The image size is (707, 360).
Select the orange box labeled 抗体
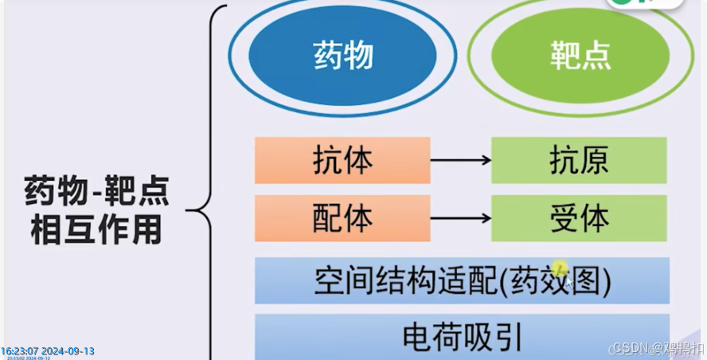[342, 160]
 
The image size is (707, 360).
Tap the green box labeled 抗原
[579, 160]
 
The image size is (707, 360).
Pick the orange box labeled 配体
[342, 217]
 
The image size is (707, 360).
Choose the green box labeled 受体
[579, 217]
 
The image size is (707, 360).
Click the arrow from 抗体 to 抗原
[460, 160]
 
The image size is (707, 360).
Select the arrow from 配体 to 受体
[460, 217]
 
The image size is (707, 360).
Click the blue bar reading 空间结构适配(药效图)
[462, 280]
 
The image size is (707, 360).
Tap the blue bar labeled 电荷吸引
[462, 336]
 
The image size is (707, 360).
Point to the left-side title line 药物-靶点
[97, 192]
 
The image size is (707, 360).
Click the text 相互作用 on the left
[96, 229]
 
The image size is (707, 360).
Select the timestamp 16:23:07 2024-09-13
[48, 350]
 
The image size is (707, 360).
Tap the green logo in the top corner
[645, 4]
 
